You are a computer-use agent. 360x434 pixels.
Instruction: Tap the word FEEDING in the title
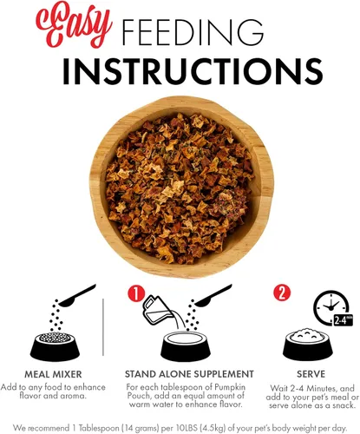pos(193,32)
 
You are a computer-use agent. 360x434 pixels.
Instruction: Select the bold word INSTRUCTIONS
pos(193,71)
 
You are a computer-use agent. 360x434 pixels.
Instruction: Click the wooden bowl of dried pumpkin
pos(181,187)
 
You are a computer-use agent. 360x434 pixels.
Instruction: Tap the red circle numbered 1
pos(136,293)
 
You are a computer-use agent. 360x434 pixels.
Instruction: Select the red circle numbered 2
pos(282,293)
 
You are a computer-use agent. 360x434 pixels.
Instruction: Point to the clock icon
pos(331,306)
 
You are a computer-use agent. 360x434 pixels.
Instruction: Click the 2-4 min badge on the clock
pos(344,320)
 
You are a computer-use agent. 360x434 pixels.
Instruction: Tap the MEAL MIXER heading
pos(53,374)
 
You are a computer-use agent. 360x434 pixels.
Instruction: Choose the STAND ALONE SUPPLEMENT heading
pos(189,374)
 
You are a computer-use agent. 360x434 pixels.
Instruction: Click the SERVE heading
pos(311,374)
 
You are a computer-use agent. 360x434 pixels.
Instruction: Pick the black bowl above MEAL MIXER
pos(55,346)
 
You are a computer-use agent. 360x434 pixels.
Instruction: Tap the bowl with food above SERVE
pos(308,345)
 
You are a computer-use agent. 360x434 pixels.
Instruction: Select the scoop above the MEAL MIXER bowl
pos(77,296)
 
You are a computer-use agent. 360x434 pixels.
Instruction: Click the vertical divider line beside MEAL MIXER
pos(103,327)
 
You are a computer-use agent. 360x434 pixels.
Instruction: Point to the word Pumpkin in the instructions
pos(230,387)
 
